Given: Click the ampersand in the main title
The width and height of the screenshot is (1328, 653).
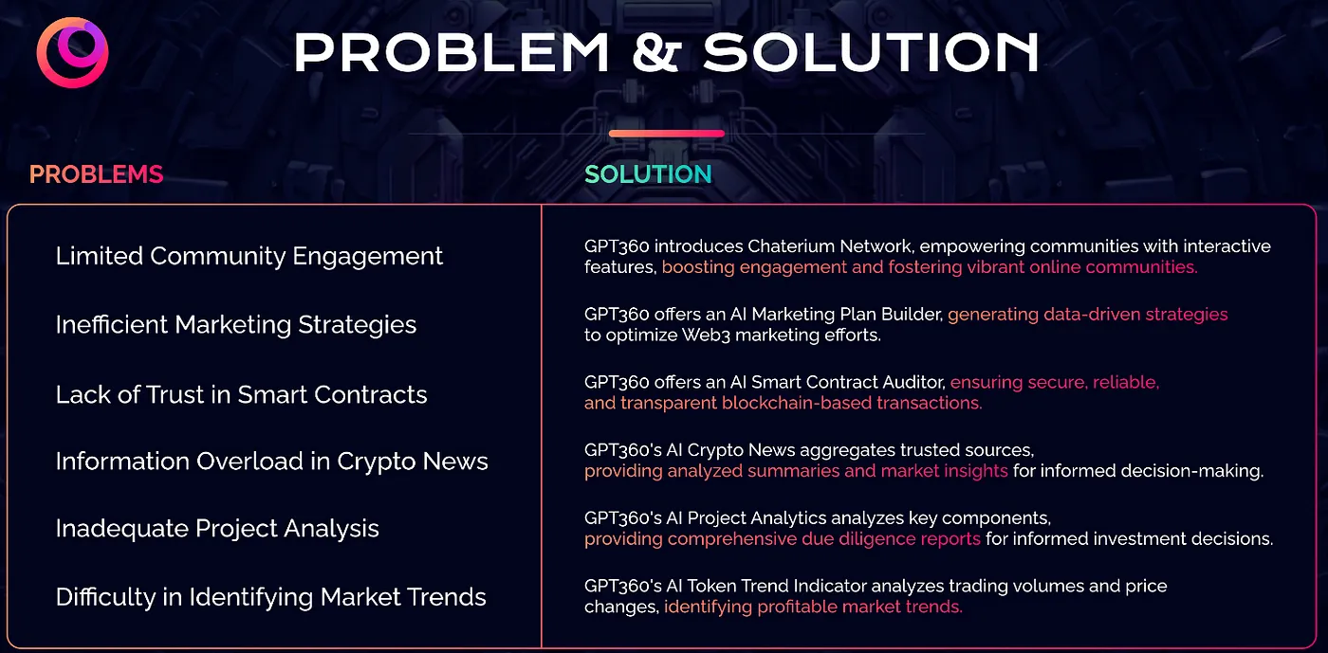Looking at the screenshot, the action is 655,53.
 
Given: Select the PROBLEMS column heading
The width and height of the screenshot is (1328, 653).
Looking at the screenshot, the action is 96,174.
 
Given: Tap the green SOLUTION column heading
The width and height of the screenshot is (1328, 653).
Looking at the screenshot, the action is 648,174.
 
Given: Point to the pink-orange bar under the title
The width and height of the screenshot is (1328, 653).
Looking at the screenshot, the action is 666,134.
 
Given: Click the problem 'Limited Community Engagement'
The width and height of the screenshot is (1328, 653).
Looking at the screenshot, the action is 249,257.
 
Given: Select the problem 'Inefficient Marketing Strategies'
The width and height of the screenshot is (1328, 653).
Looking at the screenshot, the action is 236,325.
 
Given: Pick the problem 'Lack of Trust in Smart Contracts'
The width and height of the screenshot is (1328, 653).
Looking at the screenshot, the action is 241,394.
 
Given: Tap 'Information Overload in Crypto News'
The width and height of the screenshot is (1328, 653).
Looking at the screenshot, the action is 271,462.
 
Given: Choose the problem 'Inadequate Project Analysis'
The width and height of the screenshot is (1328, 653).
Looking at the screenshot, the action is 217,529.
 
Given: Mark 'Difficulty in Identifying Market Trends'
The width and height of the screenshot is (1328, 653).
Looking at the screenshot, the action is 271,597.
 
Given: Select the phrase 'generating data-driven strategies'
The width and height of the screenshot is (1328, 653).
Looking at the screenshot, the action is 1087,315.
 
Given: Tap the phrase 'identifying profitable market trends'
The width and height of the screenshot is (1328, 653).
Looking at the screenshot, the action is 813,607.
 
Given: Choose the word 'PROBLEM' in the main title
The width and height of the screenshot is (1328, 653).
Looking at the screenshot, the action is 452,53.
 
